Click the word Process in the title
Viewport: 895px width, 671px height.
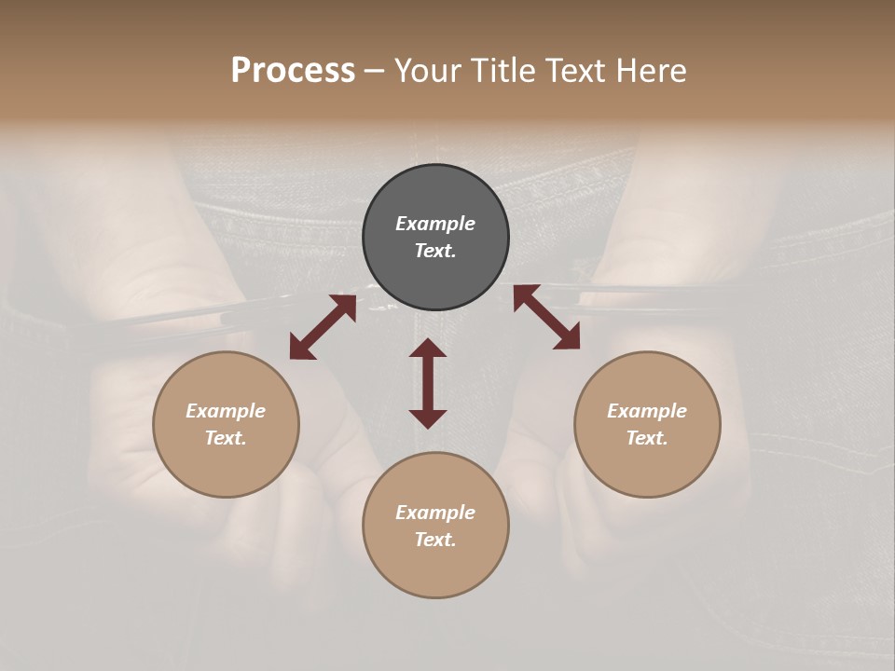point(293,71)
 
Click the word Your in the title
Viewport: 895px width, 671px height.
point(429,71)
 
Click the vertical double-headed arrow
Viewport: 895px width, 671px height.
point(428,383)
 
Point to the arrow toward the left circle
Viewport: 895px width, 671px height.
point(323,327)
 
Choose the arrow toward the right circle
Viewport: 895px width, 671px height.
point(546,317)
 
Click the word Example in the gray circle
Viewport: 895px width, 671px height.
point(435,224)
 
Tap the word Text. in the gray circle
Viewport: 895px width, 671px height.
point(435,251)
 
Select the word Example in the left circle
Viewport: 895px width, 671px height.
point(226,411)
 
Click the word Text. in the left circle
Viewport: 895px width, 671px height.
point(226,438)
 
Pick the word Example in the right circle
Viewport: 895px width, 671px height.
point(647,411)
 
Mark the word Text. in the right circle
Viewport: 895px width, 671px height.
point(647,438)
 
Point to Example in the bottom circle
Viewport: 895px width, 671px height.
point(435,513)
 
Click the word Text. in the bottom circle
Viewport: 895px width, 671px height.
point(435,540)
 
